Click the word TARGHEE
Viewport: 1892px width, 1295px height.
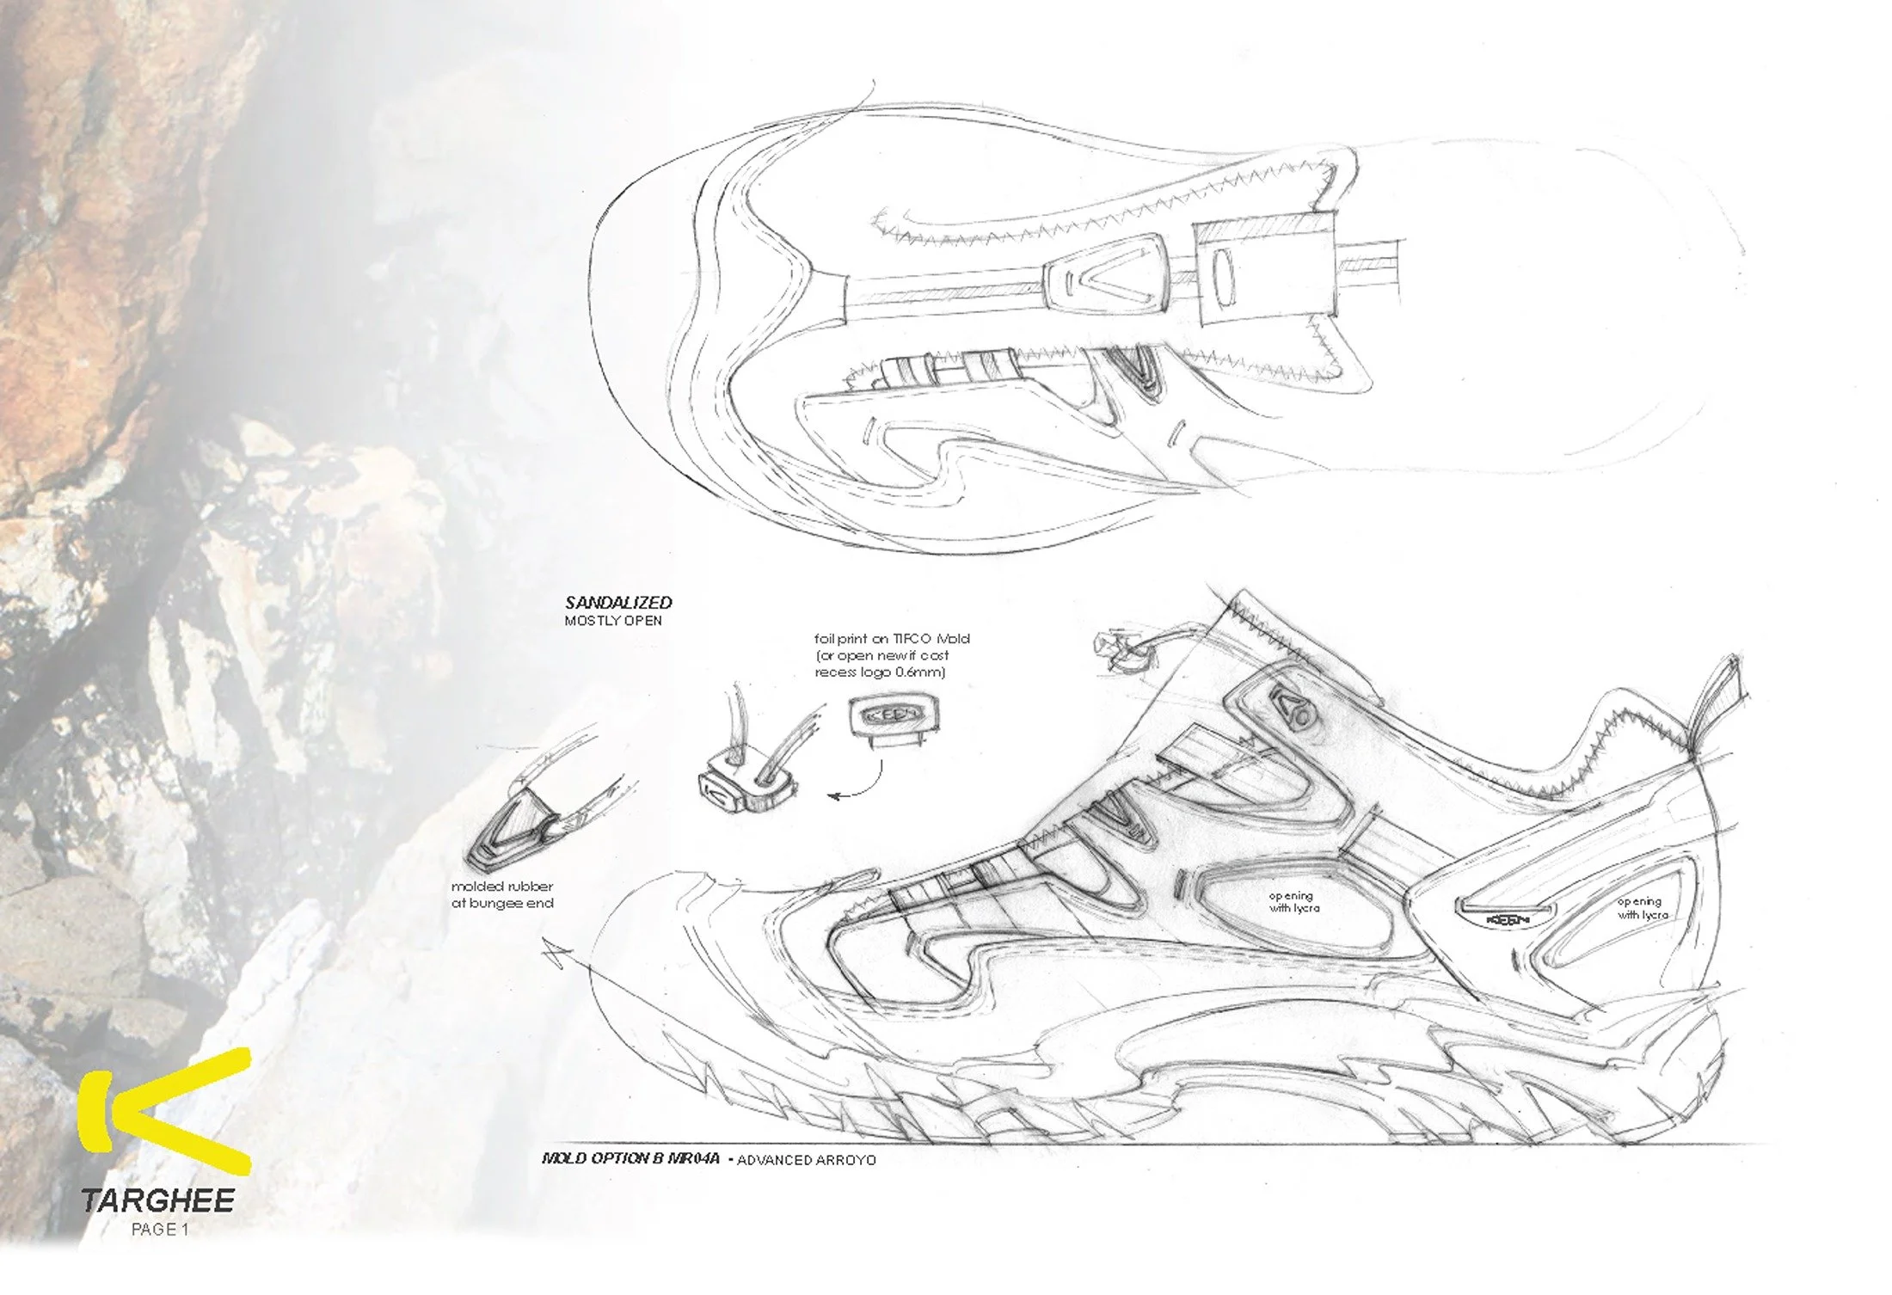[x=157, y=1201]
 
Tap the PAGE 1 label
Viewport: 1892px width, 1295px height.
[x=159, y=1230]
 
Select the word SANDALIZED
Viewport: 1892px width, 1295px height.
[x=618, y=603]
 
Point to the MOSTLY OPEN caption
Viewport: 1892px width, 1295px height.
[x=613, y=621]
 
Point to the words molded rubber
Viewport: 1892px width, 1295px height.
[x=502, y=887]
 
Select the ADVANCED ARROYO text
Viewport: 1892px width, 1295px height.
[x=806, y=1160]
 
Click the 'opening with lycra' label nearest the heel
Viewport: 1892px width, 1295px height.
[x=1642, y=908]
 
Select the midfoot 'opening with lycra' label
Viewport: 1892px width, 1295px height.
[x=1293, y=902]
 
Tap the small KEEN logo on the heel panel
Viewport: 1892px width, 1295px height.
[x=1508, y=920]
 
